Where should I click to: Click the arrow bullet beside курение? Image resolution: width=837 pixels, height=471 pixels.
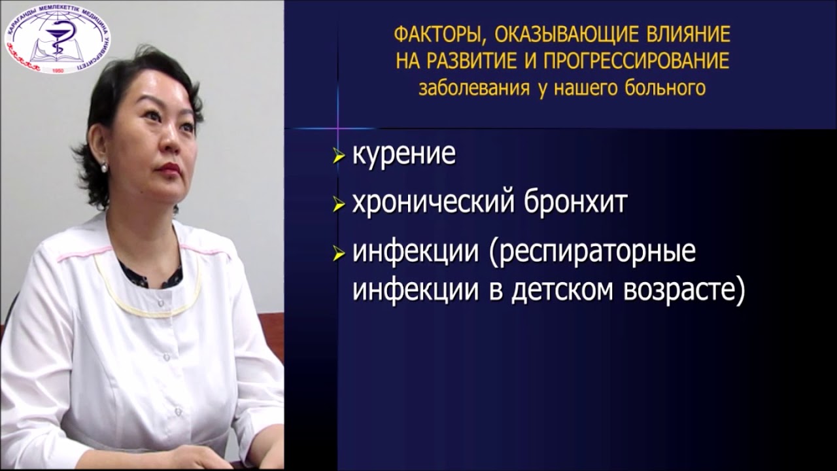pos(338,157)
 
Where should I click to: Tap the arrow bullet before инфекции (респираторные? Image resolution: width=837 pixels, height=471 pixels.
pos(338,254)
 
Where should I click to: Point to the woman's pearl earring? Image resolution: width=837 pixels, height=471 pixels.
pos(104,167)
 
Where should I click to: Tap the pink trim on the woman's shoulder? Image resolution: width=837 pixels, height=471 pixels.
pos(78,254)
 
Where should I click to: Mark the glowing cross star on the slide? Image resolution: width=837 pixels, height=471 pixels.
pos(338,122)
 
